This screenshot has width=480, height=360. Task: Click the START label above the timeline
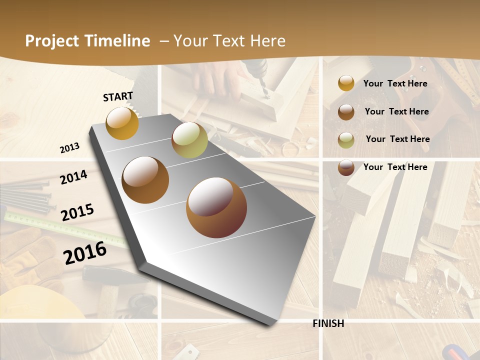[118, 96]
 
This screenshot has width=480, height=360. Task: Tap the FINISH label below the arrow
[328, 323]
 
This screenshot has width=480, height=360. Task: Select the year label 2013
[69, 148]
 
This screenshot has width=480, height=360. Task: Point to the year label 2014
[73, 177]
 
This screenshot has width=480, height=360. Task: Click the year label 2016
[85, 252]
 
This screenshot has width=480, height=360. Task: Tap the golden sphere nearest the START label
[122, 123]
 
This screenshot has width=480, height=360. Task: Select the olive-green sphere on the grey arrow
[189, 140]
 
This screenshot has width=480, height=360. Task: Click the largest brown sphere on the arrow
[216, 207]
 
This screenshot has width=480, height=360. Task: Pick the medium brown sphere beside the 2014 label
[145, 179]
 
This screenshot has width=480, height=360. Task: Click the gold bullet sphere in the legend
[346, 83]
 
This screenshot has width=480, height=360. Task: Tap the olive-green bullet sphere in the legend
[346, 139]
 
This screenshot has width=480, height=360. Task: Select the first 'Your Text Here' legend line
[395, 83]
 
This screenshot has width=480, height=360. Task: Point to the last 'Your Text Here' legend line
[395, 167]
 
